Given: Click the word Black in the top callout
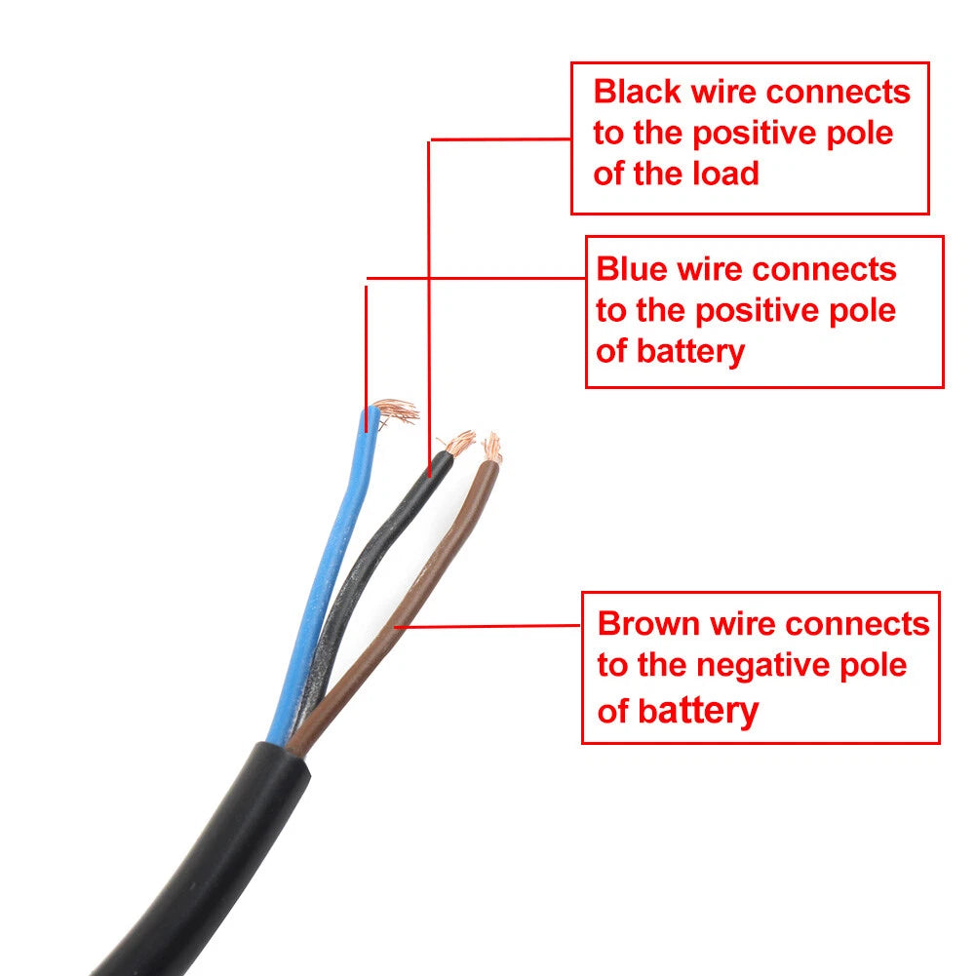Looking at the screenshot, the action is (638, 92).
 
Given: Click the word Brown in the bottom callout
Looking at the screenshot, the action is (648, 624).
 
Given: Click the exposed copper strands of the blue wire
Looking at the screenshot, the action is (395, 411).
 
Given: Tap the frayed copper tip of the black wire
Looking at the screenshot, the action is (458, 443).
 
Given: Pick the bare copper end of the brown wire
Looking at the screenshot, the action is (492, 448).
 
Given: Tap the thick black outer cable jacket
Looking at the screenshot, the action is (206, 865).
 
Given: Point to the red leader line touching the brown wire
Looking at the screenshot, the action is (488, 626).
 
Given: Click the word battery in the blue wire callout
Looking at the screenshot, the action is (690, 353).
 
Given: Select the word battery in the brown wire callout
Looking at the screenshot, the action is (698, 712).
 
